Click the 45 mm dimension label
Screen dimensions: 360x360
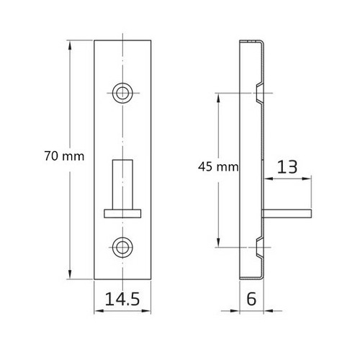(x=217, y=166)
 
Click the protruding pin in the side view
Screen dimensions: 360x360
(x=288, y=212)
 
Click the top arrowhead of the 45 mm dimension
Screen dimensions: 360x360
(x=217, y=96)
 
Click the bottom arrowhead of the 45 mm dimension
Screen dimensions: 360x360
(x=217, y=242)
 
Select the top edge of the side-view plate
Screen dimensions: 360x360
(x=250, y=41)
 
